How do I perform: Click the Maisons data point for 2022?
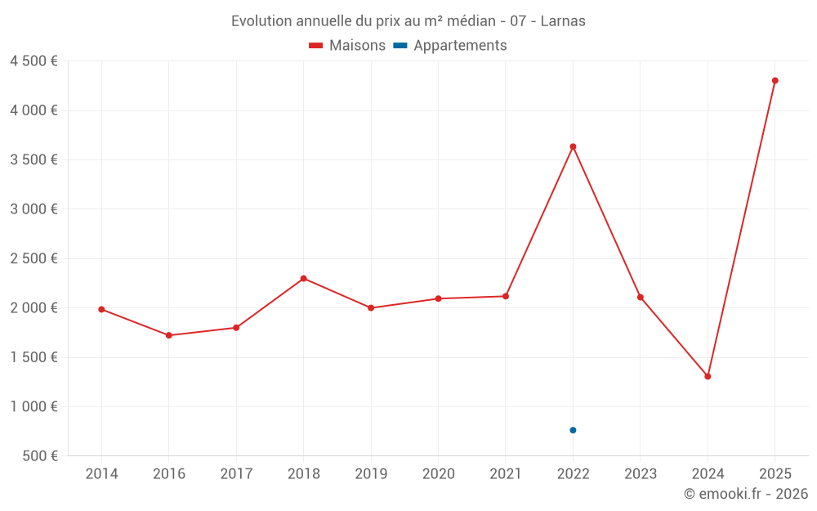pyautogui.click(x=573, y=146)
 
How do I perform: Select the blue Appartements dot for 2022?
pyautogui.click(x=573, y=430)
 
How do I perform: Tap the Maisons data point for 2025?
pyautogui.click(x=775, y=80)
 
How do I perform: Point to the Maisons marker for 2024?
pyautogui.click(x=708, y=376)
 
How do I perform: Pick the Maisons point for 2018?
pyautogui.click(x=303, y=278)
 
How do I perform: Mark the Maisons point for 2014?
pyautogui.click(x=101, y=309)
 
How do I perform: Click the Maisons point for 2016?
pyautogui.click(x=168, y=335)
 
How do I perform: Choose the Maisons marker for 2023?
pyautogui.click(x=641, y=297)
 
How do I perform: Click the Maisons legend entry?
pyautogui.click(x=347, y=46)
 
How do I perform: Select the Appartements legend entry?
pyautogui.click(x=450, y=46)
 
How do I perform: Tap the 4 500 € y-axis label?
pyautogui.click(x=33, y=61)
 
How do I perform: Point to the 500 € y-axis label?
pyautogui.click(x=39, y=456)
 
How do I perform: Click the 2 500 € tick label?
pyautogui.click(x=33, y=258)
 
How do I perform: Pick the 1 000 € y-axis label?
pyautogui.click(x=33, y=406)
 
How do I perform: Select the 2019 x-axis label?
pyautogui.click(x=371, y=474)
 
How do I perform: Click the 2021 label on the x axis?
pyautogui.click(x=506, y=474)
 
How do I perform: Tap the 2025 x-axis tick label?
pyautogui.click(x=775, y=474)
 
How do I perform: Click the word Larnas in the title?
pyautogui.click(x=563, y=21)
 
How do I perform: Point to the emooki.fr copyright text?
pyautogui.click(x=746, y=494)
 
